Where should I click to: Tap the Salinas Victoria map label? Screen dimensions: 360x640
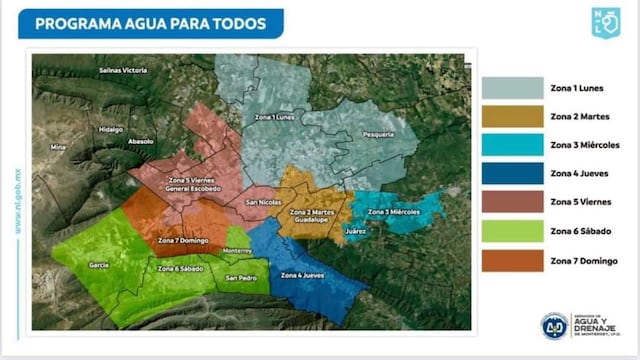pos(123,71)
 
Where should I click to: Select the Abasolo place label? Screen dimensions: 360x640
pos(141,142)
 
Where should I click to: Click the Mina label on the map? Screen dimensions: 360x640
pos(58,147)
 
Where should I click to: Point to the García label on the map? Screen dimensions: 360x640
pos(98,265)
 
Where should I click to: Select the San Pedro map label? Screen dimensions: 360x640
pos(240,277)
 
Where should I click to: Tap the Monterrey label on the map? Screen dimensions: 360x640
pos(238,250)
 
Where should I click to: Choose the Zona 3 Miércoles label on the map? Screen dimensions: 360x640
pos(393,213)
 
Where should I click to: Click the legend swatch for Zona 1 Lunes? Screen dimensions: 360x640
pos(511,88)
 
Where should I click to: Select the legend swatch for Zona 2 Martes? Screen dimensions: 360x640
pos(511,117)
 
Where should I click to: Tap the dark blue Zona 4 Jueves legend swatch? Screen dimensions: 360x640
pos(511,175)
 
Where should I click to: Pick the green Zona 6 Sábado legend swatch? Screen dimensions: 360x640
pos(511,232)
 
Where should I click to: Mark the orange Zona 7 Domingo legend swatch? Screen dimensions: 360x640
pos(511,261)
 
